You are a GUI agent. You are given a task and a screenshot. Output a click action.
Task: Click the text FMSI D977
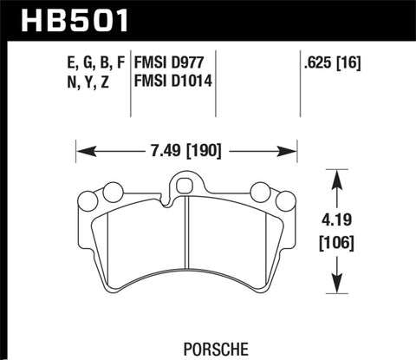pyautogui.click(x=170, y=62)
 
